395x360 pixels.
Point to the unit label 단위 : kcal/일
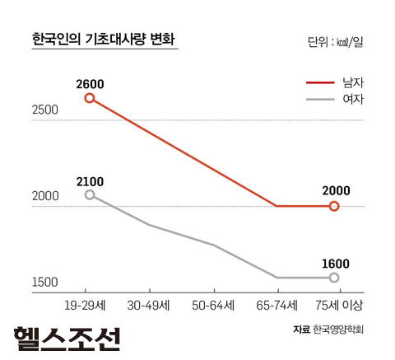coord(333,42)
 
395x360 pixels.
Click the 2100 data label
coord(89,180)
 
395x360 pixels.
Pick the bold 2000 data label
coord(335,190)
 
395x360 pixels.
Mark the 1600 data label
coord(335,264)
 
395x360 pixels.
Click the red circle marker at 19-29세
coord(89,98)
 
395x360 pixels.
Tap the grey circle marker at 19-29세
coord(89,194)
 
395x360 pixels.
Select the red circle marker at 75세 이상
coord(334,206)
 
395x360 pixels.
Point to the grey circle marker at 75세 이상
coord(334,278)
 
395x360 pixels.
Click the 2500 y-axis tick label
coord(44,110)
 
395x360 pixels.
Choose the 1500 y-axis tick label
coord(44,282)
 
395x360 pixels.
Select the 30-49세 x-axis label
coord(151,305)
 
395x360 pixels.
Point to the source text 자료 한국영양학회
coord(327,330)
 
